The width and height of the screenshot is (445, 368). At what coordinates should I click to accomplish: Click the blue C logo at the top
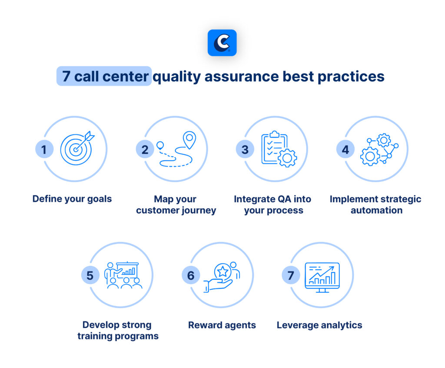222,43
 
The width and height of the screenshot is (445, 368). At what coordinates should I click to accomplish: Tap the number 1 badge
44,150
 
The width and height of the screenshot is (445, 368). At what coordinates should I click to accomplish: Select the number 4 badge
345,150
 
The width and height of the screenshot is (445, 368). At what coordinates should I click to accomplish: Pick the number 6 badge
190,275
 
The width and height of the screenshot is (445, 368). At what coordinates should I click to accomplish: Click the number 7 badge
291,275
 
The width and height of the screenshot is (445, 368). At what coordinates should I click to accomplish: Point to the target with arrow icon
77,148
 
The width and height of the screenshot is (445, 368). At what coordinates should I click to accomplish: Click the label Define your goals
72,199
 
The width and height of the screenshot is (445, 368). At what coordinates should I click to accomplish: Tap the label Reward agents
222,325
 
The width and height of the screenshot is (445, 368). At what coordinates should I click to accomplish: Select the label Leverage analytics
319,325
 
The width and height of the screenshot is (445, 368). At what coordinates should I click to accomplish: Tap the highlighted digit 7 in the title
66,77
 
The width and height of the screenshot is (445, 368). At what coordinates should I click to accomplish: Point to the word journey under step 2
199,210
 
